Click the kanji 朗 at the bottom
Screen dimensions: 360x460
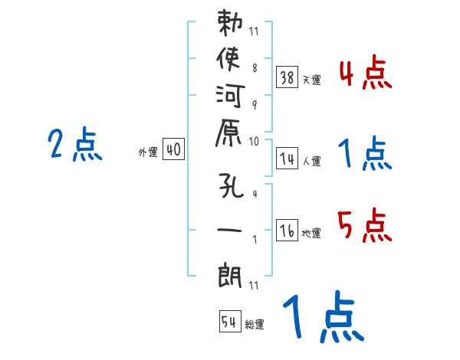231,271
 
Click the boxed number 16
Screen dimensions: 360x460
287,230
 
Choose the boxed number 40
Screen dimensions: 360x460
173,150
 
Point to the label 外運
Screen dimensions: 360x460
147,153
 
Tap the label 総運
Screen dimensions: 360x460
254,325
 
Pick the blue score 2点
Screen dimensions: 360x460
75,145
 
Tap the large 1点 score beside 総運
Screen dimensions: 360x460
322,318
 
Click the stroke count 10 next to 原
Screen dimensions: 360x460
254,141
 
